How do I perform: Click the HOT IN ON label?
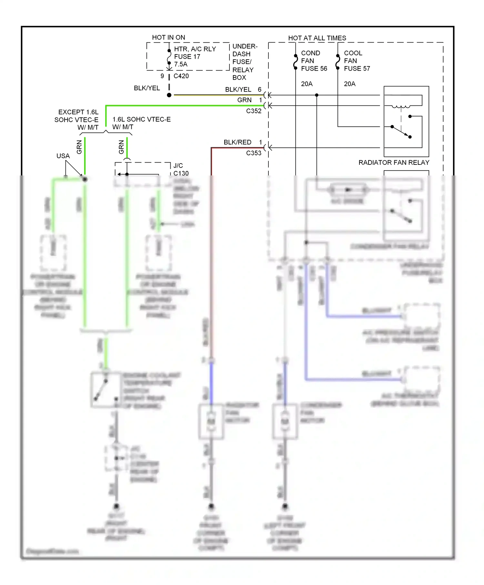click(168, 37)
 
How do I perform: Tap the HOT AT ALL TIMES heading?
click(317, 38)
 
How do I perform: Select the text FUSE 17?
click(187, 56)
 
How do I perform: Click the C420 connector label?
click(181, 76)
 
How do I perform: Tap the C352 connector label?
click(254, 111)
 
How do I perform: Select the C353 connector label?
click(254, 153)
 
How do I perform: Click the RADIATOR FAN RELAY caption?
click(394, 163)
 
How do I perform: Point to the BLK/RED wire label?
click(237, 142)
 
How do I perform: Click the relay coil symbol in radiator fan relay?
click(401, 106)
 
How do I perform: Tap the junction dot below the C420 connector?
click(169, 95)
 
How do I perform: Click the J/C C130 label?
click(181, 169)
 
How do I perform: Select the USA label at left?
click(63, 156)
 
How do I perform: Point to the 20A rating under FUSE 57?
click(349, 84)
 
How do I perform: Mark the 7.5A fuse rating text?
click(181, 64)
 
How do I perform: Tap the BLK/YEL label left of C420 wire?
click(147, 88)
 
